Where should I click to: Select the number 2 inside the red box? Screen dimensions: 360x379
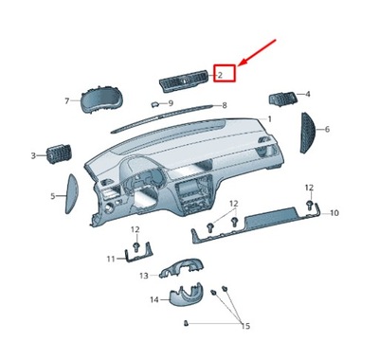pos(221,73)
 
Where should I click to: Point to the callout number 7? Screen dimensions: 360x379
pos(67,100)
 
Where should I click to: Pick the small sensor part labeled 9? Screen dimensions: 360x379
pos(154,103)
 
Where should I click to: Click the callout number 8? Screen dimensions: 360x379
pos(224,106)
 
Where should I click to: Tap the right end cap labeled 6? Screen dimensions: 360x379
pos(311,130)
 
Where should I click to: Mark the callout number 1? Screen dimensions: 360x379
pos(269,119)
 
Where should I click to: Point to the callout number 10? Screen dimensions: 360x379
pos(334,214)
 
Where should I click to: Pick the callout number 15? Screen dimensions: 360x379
pos(244,326)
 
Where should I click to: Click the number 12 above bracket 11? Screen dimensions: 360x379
pos(135,230)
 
